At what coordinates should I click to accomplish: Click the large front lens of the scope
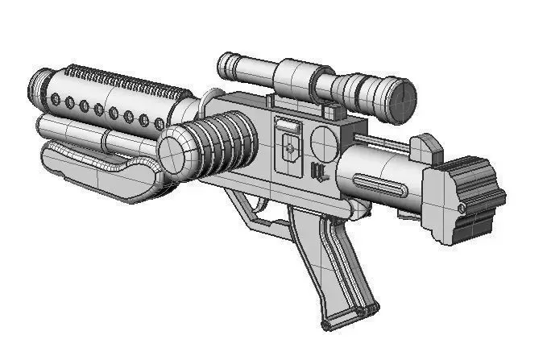click(x=400, y=97)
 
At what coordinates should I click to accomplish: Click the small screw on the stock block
click(x=461, y=209)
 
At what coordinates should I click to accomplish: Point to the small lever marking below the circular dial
click(x=317, y=172)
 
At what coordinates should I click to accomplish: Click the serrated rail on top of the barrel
click(x=121, y=81)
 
